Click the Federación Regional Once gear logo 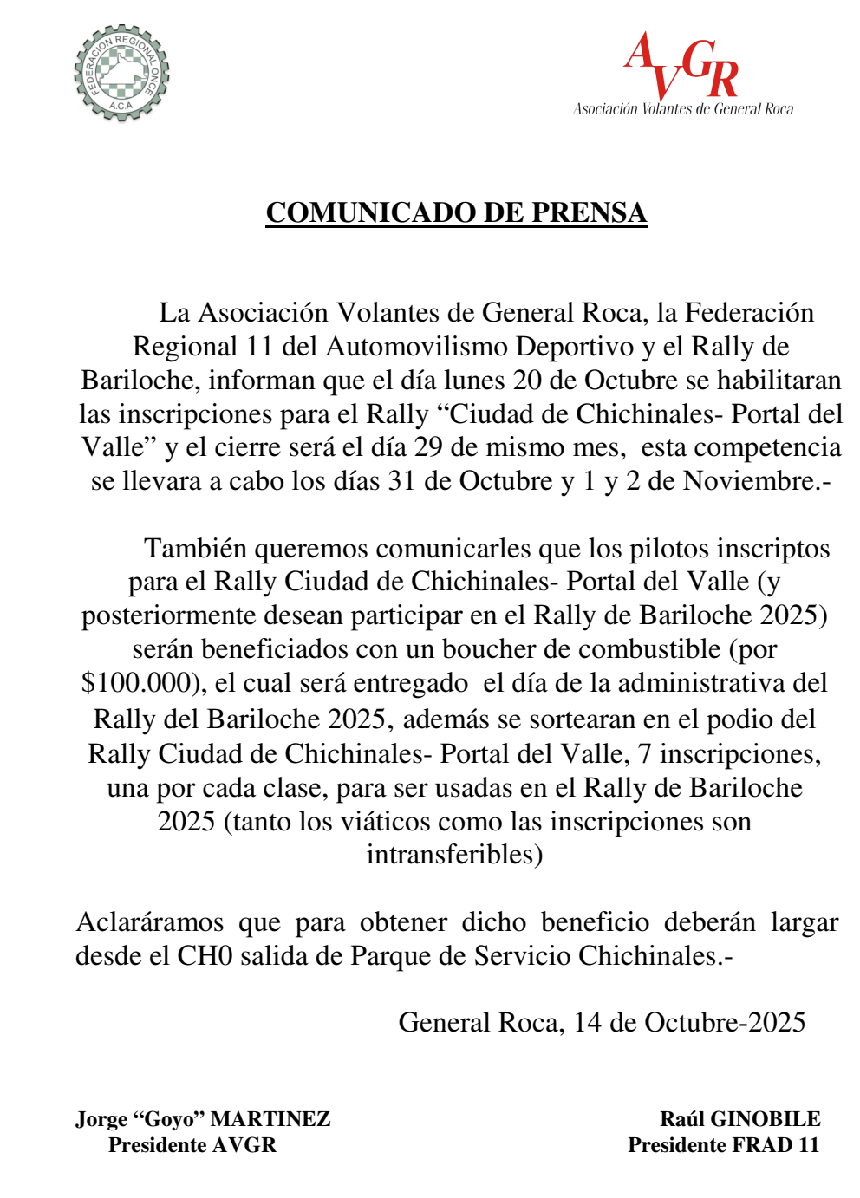point(121,73)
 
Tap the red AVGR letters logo point(681,66)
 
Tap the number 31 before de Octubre point(402,481)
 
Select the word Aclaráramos point(150,922)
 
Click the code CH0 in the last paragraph point(205,956)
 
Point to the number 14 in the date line point(587,1023)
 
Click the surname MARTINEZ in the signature point(270,1119)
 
